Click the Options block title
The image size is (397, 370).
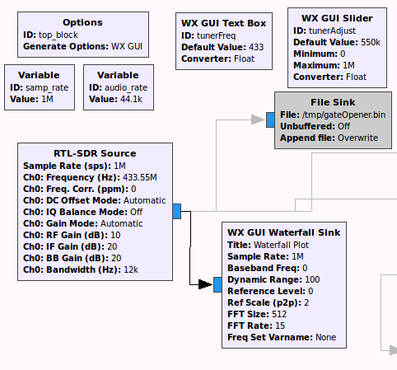click(x=82, y=22)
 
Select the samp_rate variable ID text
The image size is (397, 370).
click(x=47, y=87)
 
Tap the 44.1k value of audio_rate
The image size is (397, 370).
click(x=131, y=99)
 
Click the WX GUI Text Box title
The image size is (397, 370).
click(x=223, y=23)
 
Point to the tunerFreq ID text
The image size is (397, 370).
click(x=216, y=35)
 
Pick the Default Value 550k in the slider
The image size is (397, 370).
click(x=371, y=42)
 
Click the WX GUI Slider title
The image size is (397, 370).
click(x=337, y=18)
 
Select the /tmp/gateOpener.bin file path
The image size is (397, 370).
click(x=343, y=115)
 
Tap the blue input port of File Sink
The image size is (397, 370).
click(x=270, y=119)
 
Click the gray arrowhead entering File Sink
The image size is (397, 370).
click(x=258, y=119)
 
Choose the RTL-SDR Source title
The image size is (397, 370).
click(x=95, y=153)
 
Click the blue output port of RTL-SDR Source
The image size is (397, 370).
click(x=177, y=211)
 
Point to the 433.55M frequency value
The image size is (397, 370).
click(x=140, y=177)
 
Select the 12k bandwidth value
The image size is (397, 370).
click(x=131, y=269)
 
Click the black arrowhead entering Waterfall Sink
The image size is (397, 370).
click(x=205, y=284)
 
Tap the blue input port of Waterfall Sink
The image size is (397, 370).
click(x=218, y=284)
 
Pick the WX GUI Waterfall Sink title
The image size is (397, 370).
click(x=284, y=232)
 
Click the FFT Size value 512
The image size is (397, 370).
click(x=279, y=314)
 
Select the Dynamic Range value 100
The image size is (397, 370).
click(x=312, y=279)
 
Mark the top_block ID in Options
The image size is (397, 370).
click(x=58, y=35)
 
